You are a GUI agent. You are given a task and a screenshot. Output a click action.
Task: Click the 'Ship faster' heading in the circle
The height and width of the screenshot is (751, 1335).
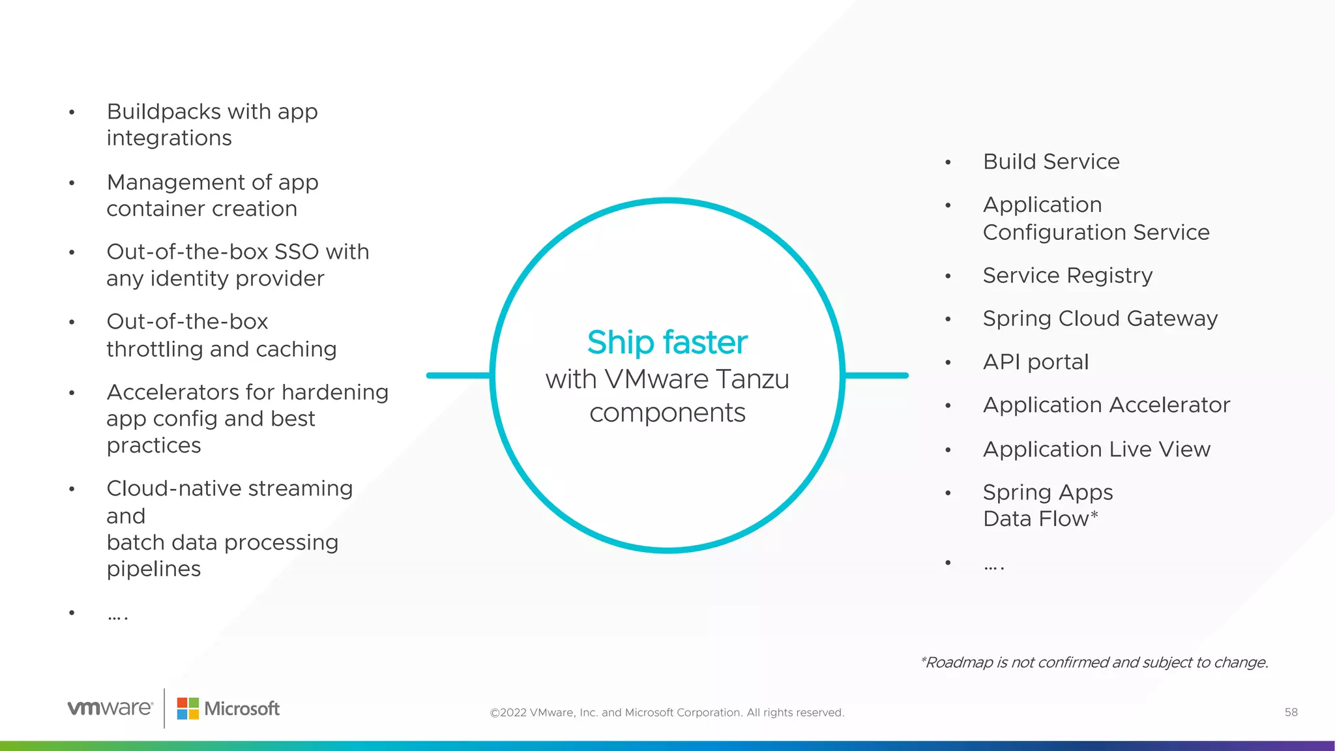tap(667, 342)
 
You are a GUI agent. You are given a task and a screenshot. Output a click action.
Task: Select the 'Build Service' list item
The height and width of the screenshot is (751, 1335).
tap(1051, 162)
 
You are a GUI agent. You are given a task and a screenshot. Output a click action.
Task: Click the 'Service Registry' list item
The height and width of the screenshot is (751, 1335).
tap(1067, 276)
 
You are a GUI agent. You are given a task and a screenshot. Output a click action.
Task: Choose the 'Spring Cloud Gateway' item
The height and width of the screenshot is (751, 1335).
tap(1100, 319)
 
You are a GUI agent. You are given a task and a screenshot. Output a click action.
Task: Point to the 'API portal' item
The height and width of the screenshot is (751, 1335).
tap(1035, 362)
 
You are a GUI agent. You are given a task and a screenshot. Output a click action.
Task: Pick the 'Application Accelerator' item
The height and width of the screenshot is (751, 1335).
tap(1106, 405)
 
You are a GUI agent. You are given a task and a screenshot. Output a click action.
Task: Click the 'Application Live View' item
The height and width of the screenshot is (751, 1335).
tap(1096, 449)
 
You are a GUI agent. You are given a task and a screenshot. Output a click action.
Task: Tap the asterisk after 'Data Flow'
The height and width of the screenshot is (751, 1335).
tap(1094, 516)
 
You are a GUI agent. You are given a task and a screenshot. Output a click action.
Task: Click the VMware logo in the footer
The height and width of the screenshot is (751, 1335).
tap(110, 708)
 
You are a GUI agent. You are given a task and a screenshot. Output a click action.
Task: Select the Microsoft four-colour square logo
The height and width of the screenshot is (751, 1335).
tap(188, 709)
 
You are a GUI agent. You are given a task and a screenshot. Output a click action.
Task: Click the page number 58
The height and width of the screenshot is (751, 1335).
tap(1291, 713)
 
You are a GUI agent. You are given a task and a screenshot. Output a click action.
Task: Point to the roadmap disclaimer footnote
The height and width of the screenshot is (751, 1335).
tap(1094, 662)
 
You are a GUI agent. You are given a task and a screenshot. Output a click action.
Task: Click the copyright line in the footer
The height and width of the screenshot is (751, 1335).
tap(667, 713)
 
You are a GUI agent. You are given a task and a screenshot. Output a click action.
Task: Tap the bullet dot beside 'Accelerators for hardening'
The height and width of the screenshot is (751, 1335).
tap(72, 393)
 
